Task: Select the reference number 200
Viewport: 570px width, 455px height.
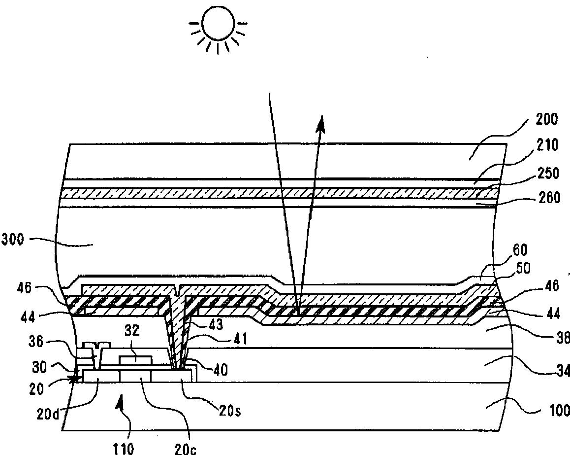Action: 545,119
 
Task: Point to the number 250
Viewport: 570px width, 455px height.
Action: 547,174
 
